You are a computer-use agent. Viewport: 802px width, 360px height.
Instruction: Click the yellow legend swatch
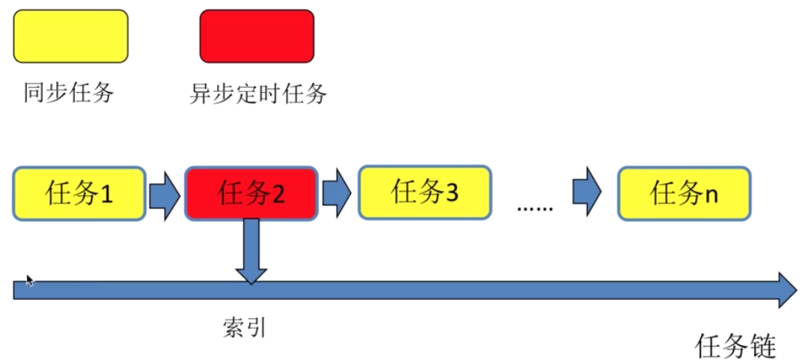70,36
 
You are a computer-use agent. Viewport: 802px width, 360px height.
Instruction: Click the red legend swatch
257,36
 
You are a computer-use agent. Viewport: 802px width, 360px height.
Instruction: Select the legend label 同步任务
69,94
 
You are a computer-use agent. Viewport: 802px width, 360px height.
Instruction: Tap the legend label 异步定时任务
258,94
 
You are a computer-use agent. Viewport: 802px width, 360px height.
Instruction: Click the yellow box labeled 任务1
79,194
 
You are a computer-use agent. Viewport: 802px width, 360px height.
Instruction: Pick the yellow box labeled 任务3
424,192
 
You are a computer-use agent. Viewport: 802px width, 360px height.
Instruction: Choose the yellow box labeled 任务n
684,194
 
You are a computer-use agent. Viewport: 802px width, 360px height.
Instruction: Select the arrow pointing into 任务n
587,190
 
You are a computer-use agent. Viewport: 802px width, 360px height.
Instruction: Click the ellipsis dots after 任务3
534,207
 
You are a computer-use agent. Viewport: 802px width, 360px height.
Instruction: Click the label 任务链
736,346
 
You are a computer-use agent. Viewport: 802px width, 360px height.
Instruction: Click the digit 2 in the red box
278,195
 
